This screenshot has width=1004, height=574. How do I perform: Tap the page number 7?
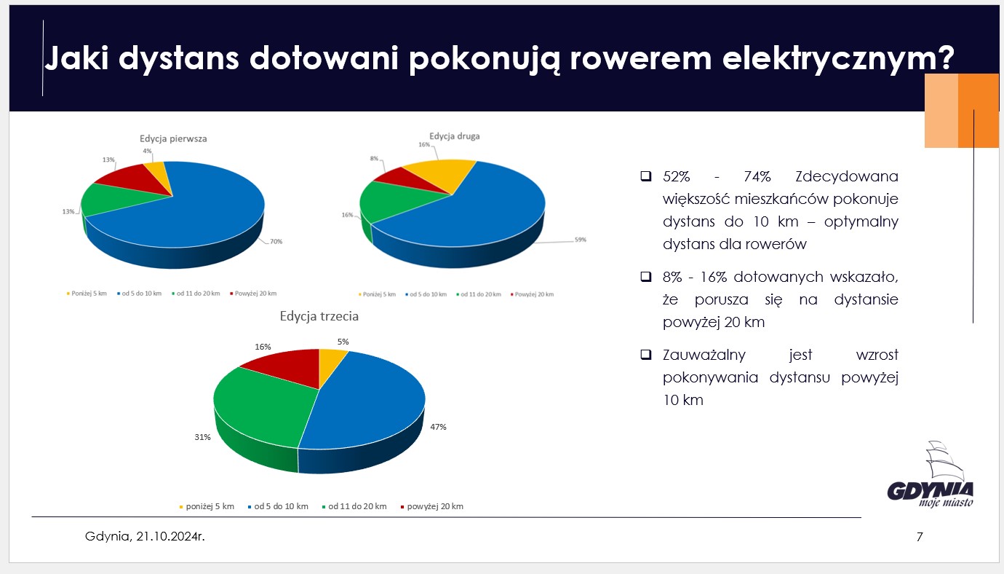[920, 538]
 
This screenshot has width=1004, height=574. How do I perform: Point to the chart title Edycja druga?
[454, 136]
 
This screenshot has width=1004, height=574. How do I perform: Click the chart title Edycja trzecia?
[319, 317]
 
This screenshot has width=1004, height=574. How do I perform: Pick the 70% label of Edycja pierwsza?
[276, 241]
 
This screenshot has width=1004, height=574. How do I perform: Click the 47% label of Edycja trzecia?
[437, 427]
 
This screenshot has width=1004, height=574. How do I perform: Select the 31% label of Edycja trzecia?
[202, 437]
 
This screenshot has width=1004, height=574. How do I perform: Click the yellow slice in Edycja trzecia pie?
[332, 361]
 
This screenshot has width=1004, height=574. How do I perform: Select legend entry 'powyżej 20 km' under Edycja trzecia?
[434, 506]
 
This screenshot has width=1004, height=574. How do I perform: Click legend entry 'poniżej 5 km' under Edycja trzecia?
[210, 506]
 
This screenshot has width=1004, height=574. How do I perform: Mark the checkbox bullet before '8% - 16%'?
[645, 278]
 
